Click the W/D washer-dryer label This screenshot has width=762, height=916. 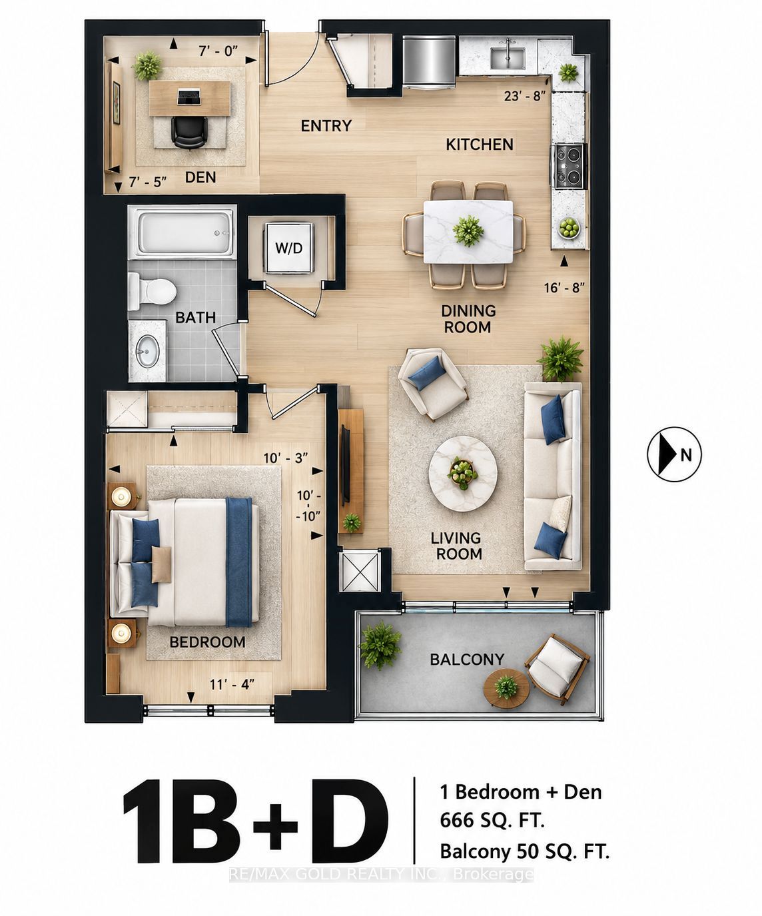click(x=288, y=248)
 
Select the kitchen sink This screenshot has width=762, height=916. click(x=508, y=57)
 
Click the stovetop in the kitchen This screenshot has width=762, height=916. click(x=570, y=167)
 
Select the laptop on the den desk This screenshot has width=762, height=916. click(x=189, y=97)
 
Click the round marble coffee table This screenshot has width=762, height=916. click(x=462, y=474)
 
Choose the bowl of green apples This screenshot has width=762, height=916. click(x=569, y=228)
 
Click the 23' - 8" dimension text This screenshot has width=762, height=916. click(x=525, y=96)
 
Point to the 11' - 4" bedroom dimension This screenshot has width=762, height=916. click(x=232, y=684)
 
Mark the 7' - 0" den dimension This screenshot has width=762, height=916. click(x=218, y=51)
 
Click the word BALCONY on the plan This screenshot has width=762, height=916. click(x=467, y=660)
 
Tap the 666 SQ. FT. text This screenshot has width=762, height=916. click(x=492, y=819)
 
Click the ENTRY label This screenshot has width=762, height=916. click(x=326, y=127)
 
